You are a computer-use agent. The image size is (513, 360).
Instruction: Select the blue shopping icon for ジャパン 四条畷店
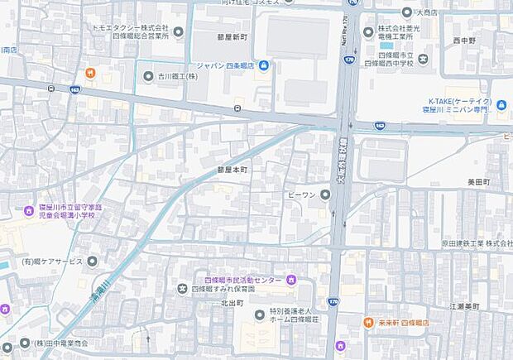click(x=262, y=66)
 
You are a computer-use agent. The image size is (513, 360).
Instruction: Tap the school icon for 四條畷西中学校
click(x=423, y=60)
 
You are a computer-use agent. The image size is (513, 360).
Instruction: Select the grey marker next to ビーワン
click(x=325, y=195)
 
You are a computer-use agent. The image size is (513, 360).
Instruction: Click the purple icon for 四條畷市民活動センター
click(x=291, y=278)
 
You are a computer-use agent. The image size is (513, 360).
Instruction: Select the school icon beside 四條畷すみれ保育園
click(x=182, y=289)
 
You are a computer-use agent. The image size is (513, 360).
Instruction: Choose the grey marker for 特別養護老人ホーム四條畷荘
click(x=259, y=314)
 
